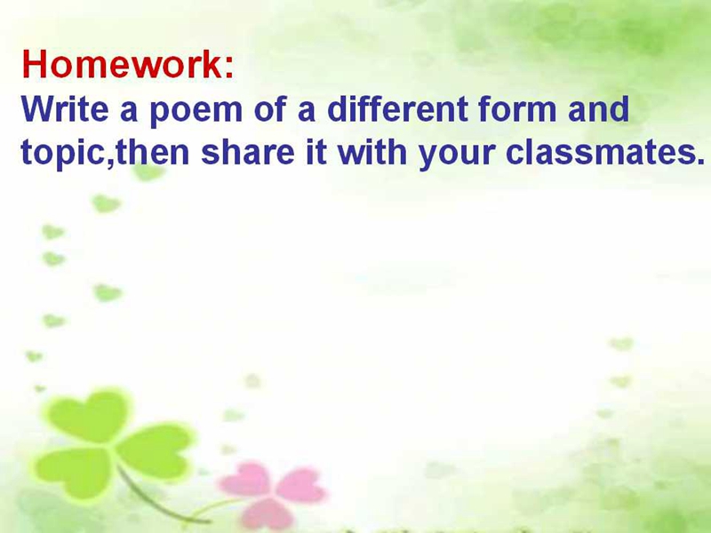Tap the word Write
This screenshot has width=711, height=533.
[x=65, y=108]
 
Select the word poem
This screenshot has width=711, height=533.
[x=196, y=112]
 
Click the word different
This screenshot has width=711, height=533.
[x=397, y=108]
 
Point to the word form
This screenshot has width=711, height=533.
[x=517, y=108]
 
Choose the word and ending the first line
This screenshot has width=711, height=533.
[x=598, y=108]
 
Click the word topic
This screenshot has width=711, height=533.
[x=64, y=153]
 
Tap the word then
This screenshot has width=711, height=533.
[x=152, y=151]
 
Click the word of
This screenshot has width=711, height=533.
[x=270, y=108]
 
